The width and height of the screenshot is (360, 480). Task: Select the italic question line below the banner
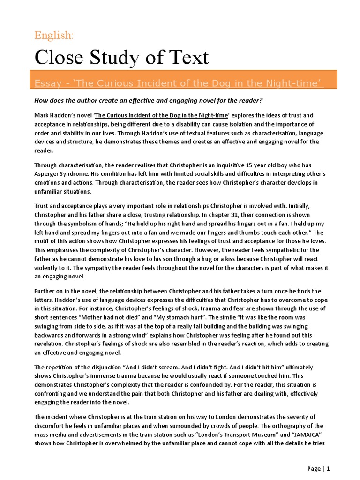pos(149,100)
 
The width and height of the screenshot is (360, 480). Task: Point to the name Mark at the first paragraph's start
pos(42,115)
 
